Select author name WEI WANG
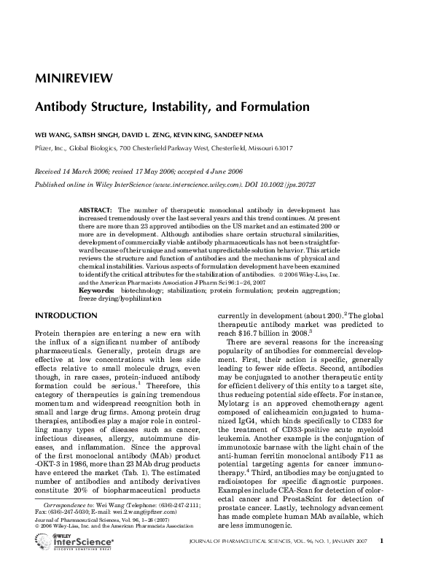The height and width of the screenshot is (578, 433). click(55, 136)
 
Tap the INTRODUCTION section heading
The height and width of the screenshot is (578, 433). click(66, 315)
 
